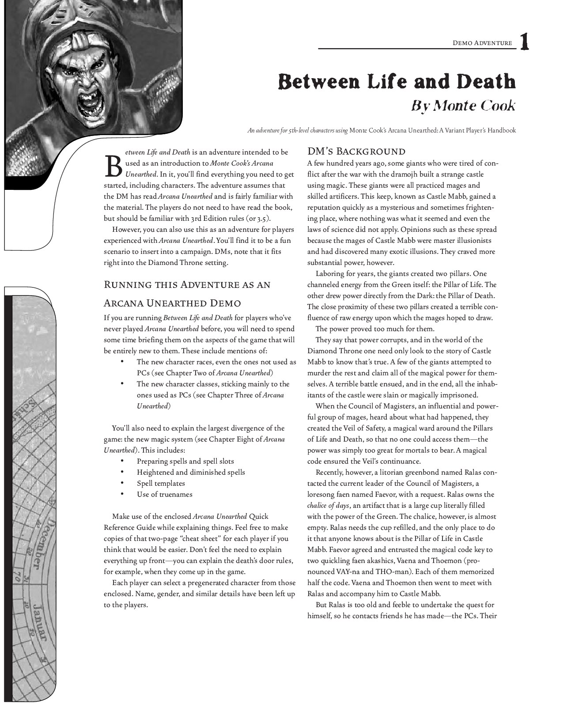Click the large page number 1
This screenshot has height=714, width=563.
tap(524, 42)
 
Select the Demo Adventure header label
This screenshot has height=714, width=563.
tap(482, 43)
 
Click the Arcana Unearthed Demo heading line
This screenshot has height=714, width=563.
tap(172, 303)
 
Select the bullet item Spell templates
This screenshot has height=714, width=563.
tap(161, 484)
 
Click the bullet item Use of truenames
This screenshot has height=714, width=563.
tap(164, 495)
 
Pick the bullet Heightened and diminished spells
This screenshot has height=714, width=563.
tap(191, 472)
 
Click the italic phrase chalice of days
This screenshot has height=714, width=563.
tap(328, 506)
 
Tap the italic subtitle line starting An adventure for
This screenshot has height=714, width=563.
tap(382, 131)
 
